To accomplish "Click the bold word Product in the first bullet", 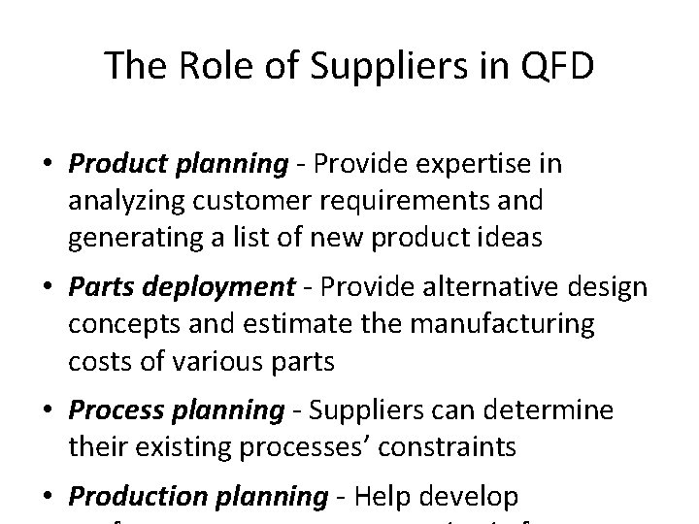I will point(115,165).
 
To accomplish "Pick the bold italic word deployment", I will point(230,287).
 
